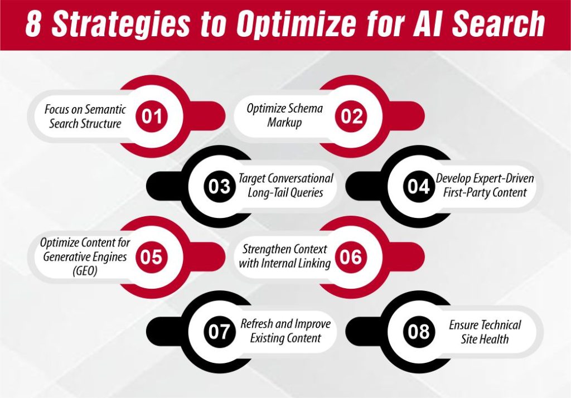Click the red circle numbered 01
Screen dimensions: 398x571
pyautogui.click(x=152, y=117)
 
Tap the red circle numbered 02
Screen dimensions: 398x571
pyautogui.click(x=352, y=117)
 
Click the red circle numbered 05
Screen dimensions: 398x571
pyautogui.click(x=152, y=257)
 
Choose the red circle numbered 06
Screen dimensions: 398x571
pyautogui.click(x=351, y=257)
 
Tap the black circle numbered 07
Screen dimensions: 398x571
pyautogui.click(x=220, y=332)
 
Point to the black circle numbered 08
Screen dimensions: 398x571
pyautogui.click(x=418, y=332)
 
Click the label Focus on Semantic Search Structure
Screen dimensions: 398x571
pyautogui.click(x=85, y=116)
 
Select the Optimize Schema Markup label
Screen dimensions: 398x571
pyautogui.click(x=284, y=115)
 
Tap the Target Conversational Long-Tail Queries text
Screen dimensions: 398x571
pyautogui.click(x=286, y=186)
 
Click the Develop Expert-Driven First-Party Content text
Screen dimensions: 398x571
pyautogui.click(x=485, y=186)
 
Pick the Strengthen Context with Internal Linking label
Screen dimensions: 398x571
pyautogui.click(x=284, y=256)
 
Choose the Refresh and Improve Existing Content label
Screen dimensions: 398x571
pyautogui.click(x=285, y=331)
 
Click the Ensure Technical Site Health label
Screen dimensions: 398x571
pyautogui.click(x=485, y=332)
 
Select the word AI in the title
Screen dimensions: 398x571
pyautogui.click(x=434, y=25)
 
